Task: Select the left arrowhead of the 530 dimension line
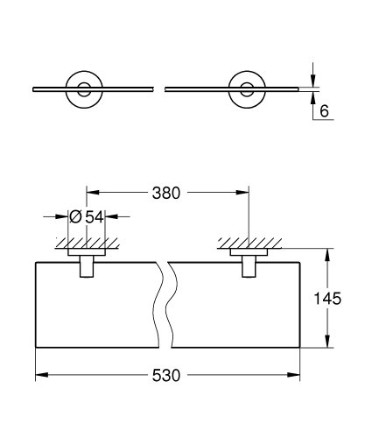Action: coord(40,375)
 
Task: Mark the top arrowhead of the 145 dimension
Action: coord(328,254)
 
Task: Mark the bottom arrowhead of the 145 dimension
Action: coord(328,346)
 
